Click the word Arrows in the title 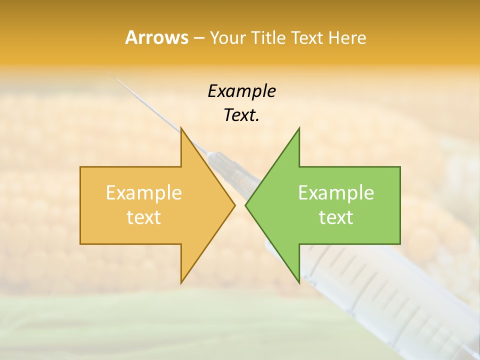156,37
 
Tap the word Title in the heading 269,37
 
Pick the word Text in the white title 307,37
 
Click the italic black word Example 241,91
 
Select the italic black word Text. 241,115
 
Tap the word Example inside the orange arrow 144,192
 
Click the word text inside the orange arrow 144,217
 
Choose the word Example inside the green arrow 336,192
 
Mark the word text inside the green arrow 336,217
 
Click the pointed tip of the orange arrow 234,205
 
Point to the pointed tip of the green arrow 246,205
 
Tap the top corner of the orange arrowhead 181,128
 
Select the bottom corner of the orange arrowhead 181,282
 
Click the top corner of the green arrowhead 299,128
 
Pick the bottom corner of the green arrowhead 299,282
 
